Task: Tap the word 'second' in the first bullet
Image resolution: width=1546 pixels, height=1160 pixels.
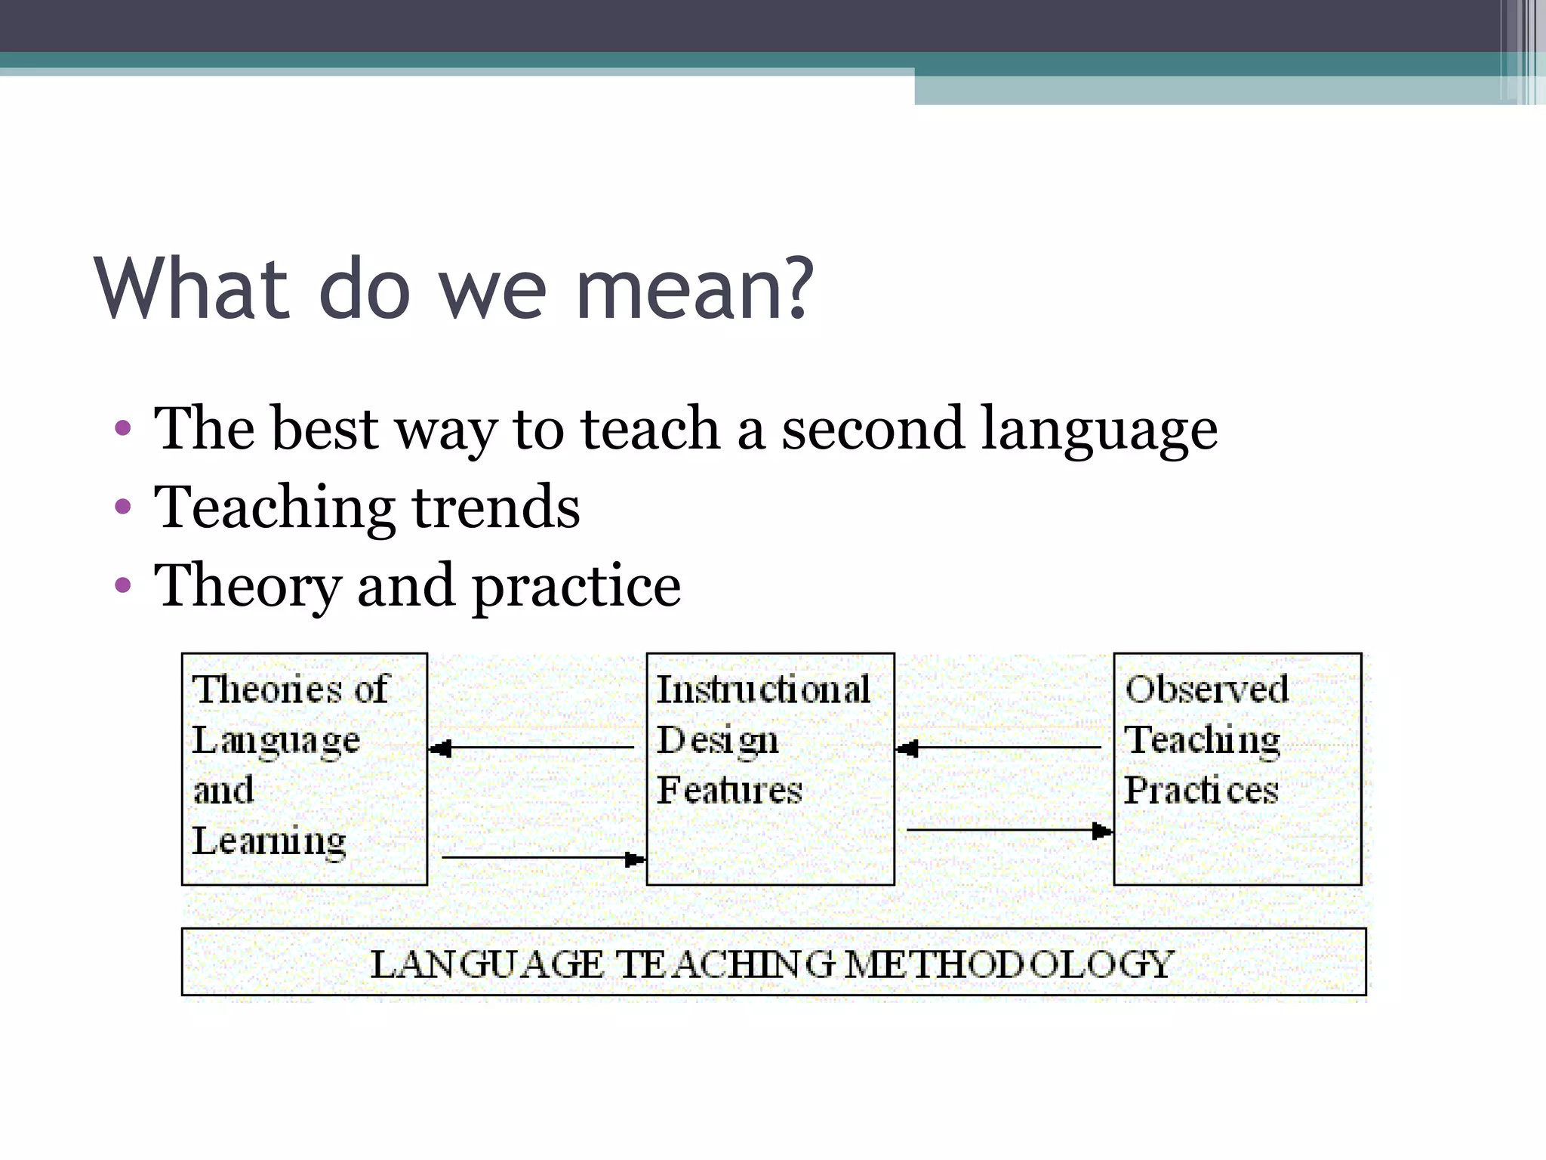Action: coord(872,429)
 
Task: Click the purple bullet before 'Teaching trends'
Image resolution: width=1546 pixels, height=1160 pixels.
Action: coord(123,507)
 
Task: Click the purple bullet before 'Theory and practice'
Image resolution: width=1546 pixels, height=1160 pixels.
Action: coord(123,585)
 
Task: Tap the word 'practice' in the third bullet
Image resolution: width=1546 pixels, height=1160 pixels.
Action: coord(577,587)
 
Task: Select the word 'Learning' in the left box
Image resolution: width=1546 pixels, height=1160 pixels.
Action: coord(269,841)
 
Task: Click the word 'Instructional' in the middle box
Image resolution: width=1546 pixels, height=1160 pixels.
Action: coord(763,689)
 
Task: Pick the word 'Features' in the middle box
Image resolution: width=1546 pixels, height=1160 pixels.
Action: coord(729,790)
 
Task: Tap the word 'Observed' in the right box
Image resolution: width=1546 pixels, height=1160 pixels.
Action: coord(1206,689)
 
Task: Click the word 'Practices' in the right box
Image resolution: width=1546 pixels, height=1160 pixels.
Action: coord(1201,790)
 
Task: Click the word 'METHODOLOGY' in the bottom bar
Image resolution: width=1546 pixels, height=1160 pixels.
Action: coord(1009,964)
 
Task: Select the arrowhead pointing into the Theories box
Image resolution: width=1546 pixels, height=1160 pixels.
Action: coord(440,748)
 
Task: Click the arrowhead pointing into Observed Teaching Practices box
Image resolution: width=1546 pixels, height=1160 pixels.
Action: coord(1102,831)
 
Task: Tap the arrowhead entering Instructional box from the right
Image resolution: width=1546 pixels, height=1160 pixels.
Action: coord(907,748)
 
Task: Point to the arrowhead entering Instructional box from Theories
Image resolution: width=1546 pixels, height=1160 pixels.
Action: coord(635,859)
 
